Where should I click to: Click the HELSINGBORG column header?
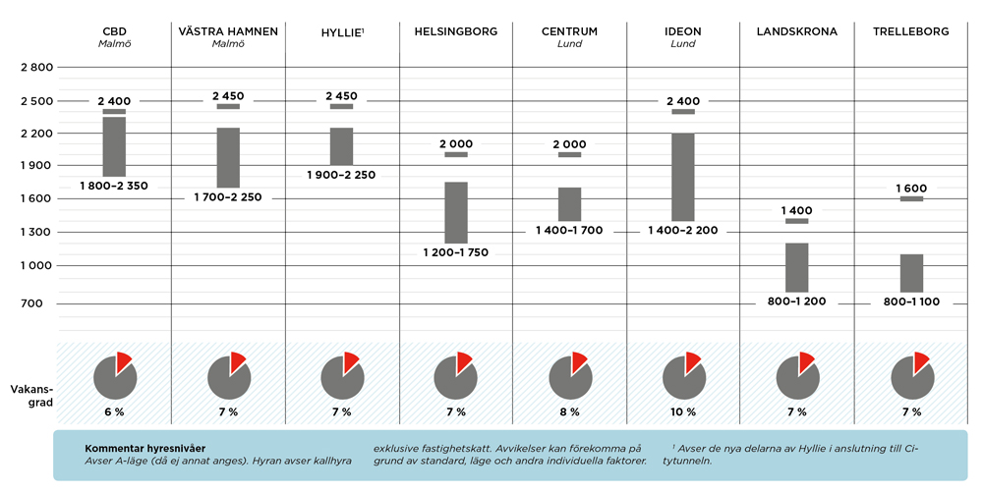tap(456, 31)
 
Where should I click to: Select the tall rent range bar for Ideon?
tap(683, 177)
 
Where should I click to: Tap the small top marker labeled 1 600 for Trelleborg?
tap(911, 198)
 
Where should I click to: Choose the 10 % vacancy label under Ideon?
tap(683, 411)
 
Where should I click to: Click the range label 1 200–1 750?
tap(455, 252)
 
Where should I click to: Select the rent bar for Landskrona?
tap(797, 267)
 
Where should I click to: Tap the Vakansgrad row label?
tap(31, 395)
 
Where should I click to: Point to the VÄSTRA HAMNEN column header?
tap(228, 31)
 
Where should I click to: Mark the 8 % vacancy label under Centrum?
tap(570, 411)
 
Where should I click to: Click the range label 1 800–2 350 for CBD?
tap(114, 186)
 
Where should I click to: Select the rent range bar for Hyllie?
tap(342, 146)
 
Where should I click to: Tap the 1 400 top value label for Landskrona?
tap(797, 211)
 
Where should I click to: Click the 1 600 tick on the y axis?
tap(35, 199)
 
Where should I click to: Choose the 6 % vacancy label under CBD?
tap(114, 411)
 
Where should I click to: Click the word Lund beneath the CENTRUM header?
tap(570, 44)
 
